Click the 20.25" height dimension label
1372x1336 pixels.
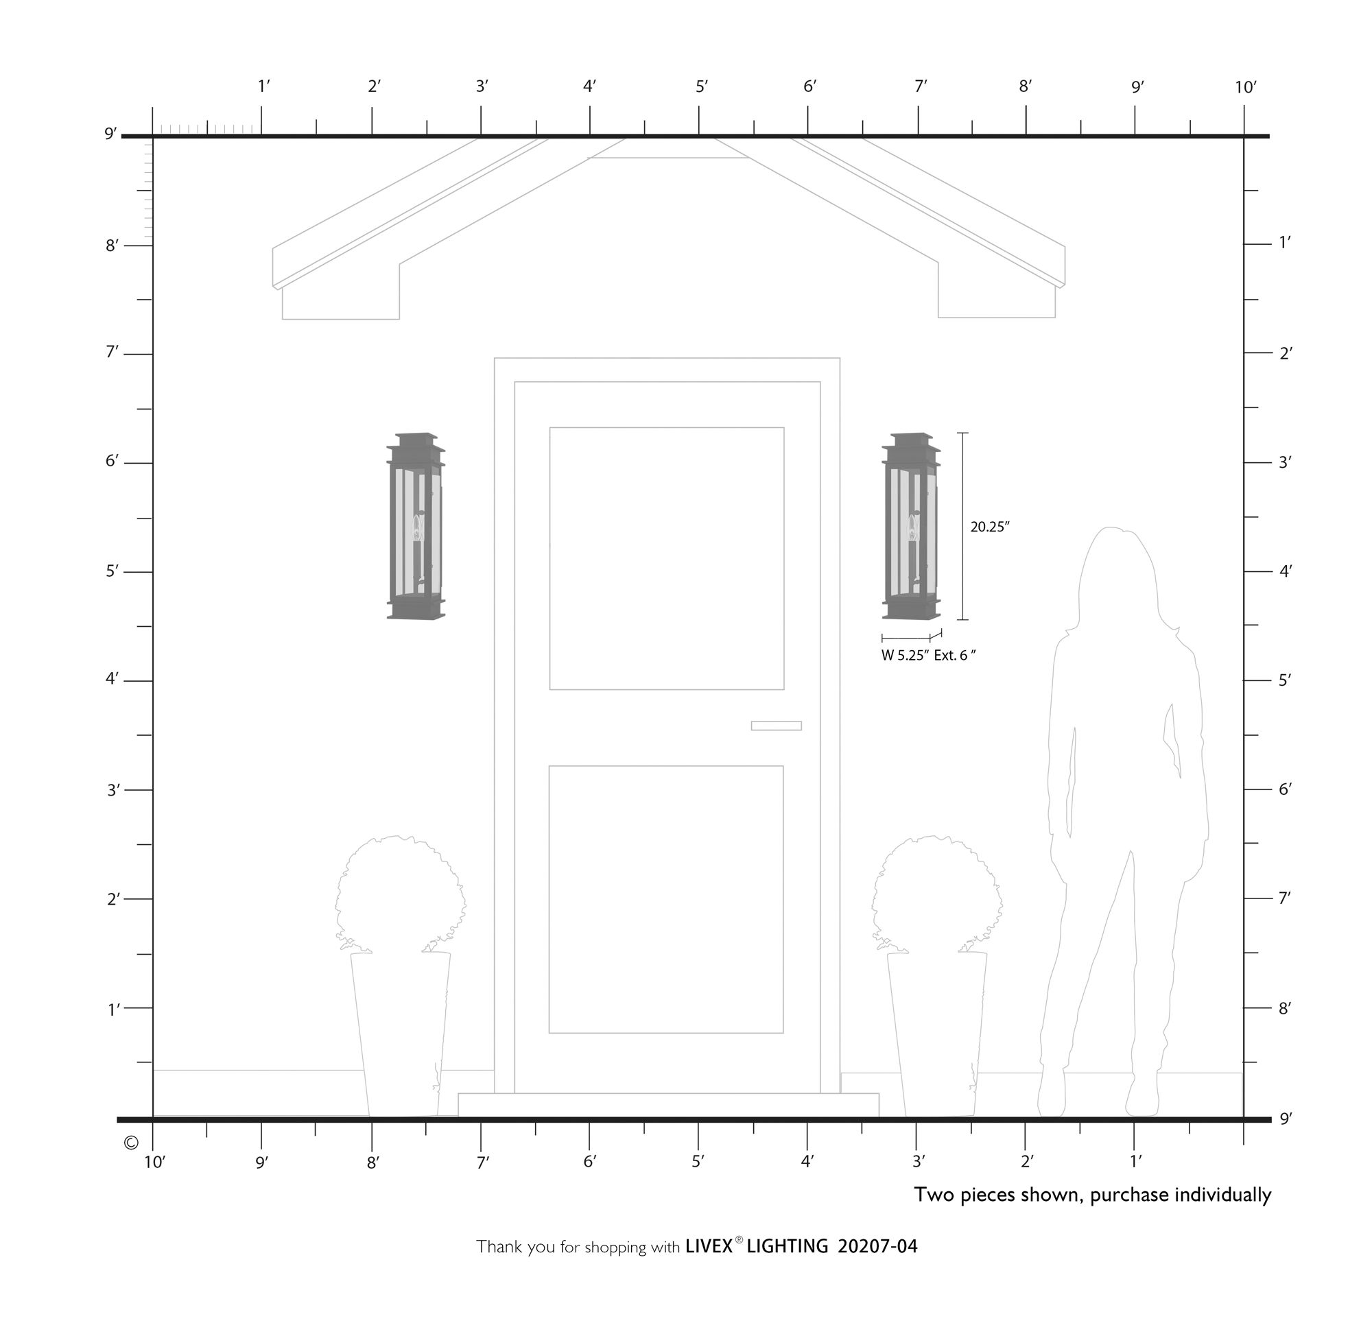(x=989, y=527)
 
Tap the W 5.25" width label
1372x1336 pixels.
(x=906, y=656)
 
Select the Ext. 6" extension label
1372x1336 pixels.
(x=955, y=656)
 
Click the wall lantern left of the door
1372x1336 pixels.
(x=416, y=526)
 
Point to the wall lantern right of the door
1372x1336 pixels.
(x=911, y=526)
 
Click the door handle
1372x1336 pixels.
(x=776, y=726)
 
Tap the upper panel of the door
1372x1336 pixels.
(x=667, y=558)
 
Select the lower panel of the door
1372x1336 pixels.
(x=666, y=900)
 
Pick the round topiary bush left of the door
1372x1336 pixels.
(x=400, y=894)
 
